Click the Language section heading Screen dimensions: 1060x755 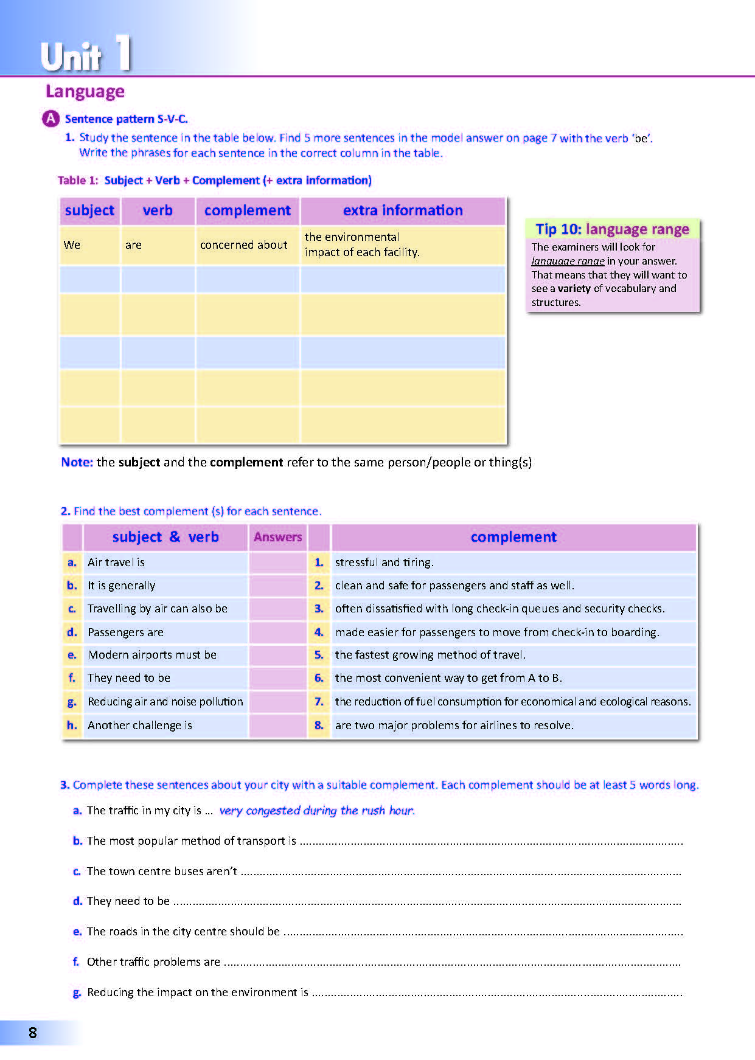coord(85,92)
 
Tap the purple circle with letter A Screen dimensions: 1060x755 coord(50,119)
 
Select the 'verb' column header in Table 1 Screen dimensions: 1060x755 coord(158,210)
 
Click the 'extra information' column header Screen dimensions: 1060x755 coord(403,210)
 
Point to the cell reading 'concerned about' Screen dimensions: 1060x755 coord(243,245)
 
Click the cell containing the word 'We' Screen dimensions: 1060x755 coord(72,245)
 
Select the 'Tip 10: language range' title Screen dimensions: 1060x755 coord(612,229)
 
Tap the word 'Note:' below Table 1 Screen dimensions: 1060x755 coord(77,462)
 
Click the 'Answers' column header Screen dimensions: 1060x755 coord(277,537)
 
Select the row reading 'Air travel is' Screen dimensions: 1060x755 coord(116,563)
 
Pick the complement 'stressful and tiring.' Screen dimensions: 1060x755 coord(384,563)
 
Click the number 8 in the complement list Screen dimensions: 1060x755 coord(319,726)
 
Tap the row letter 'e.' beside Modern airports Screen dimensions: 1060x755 coord(72,655)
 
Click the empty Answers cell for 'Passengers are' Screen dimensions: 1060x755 coord(277,632)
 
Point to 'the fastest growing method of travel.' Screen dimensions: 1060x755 coord(430,655)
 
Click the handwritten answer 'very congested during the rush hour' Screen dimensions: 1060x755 coord(316,811)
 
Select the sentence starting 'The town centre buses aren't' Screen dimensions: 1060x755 coord(162,871)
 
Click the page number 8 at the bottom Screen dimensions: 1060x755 coord(33,1033)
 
